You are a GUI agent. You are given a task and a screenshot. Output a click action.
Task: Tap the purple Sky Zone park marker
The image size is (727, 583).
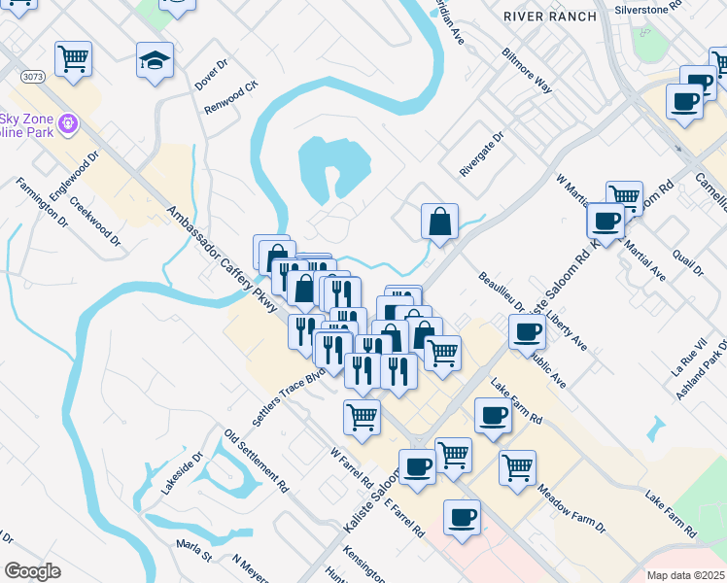68,124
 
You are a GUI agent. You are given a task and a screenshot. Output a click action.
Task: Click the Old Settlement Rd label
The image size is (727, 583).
257,458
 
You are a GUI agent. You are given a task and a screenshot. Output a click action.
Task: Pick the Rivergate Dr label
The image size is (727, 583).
485,154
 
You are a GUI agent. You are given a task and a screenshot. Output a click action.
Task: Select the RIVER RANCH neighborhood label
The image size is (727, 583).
540,16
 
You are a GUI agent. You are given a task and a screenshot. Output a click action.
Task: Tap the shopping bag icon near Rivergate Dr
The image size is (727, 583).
440,221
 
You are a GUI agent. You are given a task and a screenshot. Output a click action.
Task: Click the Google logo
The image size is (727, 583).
32,571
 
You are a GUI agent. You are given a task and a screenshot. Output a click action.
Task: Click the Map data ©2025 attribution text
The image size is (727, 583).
685,575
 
